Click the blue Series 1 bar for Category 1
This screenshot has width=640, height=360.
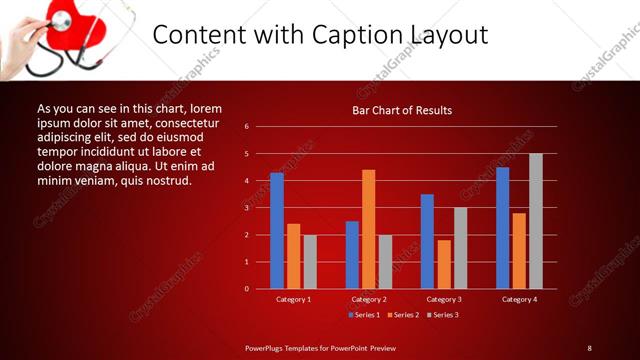(x=277, y=231)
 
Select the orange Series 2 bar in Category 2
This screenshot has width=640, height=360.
(x=369, y=229)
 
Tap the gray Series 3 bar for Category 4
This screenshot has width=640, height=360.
(x=536, y=221)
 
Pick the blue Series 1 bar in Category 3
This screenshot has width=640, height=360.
(x=427, y=241)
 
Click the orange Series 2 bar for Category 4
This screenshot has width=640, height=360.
(x=519, y=250)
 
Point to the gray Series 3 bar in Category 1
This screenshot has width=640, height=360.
(x=310, y=262)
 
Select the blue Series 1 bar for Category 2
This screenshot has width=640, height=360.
(x=352, y=255)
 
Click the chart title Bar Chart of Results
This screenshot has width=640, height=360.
(x=402, y=110)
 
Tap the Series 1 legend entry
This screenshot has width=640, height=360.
(x=364, y=315)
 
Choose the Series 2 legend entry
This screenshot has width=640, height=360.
(x=401, y=315)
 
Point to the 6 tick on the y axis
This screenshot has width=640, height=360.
(x=246, y=127)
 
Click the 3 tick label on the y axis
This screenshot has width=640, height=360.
(x=246, y=208)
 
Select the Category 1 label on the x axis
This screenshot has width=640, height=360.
(x=293, y=299)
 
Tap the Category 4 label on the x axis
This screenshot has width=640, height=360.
(x=519, y=299)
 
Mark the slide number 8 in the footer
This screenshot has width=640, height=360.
(x=589, y=348)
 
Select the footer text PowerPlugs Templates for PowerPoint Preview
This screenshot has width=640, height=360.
(x=321, y=348)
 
